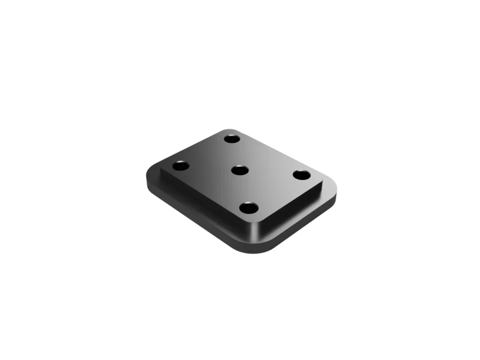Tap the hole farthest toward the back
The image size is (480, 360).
[232, 139]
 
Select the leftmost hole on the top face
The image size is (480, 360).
[180, 167]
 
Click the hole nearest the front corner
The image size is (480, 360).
[249, 208]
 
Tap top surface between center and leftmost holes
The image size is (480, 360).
[210, 168]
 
